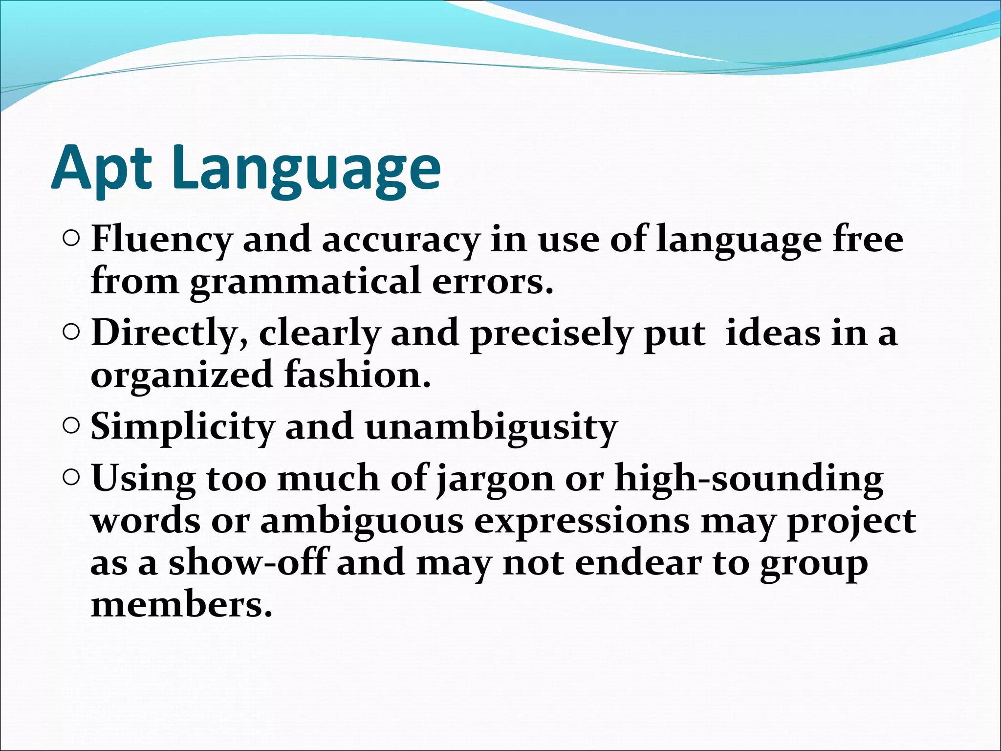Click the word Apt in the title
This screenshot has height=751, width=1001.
[100, 169]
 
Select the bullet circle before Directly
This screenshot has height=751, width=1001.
[71, 332]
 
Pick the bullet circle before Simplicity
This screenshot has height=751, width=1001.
[71, 426]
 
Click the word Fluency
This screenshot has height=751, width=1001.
[161, 240]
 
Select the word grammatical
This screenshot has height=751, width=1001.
[305, 282]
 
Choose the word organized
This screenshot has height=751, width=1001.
[181, 375]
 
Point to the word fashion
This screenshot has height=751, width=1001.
[357, 375]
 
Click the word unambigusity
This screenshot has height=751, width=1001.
[491, 427]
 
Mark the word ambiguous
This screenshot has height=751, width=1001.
[361, 521]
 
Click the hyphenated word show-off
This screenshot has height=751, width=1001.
[247, 562]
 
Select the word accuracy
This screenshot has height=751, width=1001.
[400, 240]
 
